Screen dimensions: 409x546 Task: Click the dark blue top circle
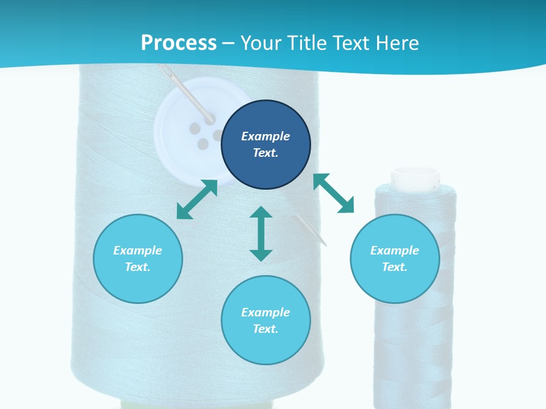coord(266,144)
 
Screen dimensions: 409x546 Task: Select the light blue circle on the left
coord(138,258)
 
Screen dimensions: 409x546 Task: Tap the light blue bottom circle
coord(266,320)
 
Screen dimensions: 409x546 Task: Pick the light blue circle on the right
coord(395,258)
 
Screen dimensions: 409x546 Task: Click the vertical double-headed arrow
coord(261,233)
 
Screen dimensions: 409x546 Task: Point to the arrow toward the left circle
coord(197,199)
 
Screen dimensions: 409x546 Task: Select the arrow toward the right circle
coord(333,193)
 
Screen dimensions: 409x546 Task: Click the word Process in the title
coord(179,43)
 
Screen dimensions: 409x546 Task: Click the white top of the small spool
coord(415,178)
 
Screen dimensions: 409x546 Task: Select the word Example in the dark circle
coord(266,136)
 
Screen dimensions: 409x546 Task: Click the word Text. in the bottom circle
coord(266,329)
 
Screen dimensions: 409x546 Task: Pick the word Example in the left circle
coord(138,251)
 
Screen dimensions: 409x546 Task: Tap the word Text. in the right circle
coord(395,267)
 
